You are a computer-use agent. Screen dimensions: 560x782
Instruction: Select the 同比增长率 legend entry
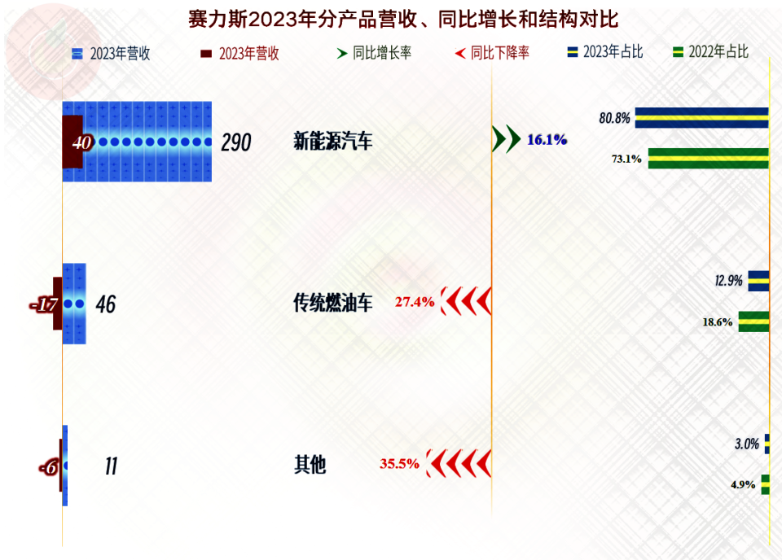pyautogui.click(x=374, y=53)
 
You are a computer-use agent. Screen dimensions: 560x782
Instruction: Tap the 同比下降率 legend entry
pyautogui.click(x=491, y=53)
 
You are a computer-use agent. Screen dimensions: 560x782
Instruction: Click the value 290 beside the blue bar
pyautogui.click(x=236, y=143)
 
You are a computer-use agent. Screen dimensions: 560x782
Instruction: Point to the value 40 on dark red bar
pyautogui.click(x=81, y=143)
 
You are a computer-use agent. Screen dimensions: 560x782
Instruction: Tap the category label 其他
pyautogui.click(x=309, y=466)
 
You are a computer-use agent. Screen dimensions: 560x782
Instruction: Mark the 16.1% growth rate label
pyautogui.click(x=547, y=140)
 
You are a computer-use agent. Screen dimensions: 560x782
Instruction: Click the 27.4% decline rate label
pyautogui.click(x=415, y=302)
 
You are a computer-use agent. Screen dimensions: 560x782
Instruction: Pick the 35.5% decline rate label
pyautogui.click(x=399, y=464)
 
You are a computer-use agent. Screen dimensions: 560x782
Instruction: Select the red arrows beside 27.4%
pyautogui.click(x=465, y=302)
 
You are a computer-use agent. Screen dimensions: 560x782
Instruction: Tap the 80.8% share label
pyautogui.click(x=614, y=118)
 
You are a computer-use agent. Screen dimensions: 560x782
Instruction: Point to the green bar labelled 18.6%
pyautogui.click(x=753, y=322)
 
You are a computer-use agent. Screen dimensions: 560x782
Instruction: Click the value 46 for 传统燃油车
pyautogui.click(x=106, y=305)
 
